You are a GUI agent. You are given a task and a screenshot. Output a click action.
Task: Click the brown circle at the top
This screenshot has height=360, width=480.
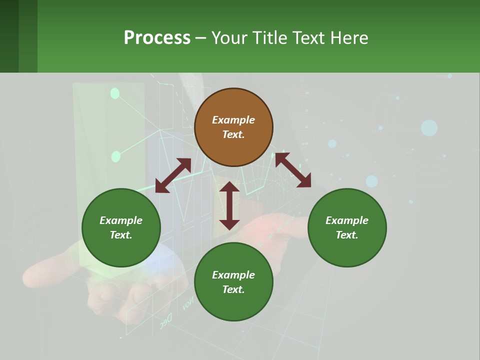pos(233,127)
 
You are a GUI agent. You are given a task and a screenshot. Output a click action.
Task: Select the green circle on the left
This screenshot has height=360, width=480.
pos(121,227)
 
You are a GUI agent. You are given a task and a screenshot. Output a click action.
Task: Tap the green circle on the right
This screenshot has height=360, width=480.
pos(347,227)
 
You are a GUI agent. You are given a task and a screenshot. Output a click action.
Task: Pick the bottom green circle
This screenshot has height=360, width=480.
pos(233,282)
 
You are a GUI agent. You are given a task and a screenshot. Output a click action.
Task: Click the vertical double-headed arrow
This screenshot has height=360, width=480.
pos(229,205)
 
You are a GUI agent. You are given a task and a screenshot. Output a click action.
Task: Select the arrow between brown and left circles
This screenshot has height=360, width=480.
pos(173,175)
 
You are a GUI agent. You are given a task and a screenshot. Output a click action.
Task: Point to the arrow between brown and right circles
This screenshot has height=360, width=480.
pos(293,170)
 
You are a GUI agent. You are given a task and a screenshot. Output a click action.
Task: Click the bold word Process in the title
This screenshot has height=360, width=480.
pos(157,38)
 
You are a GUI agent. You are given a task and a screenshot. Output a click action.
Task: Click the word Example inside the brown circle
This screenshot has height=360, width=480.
pos(233,120)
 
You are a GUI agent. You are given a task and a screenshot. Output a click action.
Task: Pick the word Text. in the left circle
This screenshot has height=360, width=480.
pos(121,235)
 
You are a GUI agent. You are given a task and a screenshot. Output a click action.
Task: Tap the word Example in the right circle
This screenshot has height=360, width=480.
pos(347,220)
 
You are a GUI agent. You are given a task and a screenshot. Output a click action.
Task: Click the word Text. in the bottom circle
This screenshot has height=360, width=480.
pos(233,289)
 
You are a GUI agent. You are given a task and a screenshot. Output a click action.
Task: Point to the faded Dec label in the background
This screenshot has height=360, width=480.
pos(166,320)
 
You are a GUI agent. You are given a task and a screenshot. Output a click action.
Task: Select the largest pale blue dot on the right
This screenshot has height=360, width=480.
pos(429,128)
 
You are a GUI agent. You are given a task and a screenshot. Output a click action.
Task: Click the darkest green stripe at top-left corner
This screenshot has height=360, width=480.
pos(9,36)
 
